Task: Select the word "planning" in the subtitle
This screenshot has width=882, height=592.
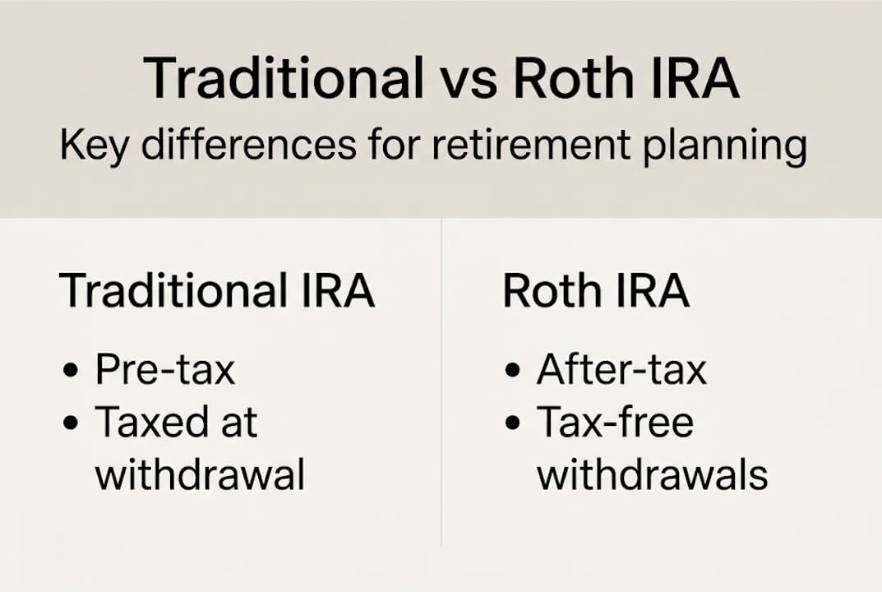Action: (x=724, y=147)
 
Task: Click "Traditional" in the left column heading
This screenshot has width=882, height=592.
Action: (x=168, y=291)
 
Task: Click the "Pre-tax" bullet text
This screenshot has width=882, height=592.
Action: (x=165, y=370)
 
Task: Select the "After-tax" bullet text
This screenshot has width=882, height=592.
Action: (x=621, y=370)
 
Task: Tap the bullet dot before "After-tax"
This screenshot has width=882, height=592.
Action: (x=514, y=372)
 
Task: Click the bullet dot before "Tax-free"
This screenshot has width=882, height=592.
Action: (x=514, y=423)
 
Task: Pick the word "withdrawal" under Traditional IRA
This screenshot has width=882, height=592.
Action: (x=200, y=474)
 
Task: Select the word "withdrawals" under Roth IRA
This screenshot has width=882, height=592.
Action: (x=653, y=474)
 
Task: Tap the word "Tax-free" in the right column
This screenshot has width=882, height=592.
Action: (x=616, y=422)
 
